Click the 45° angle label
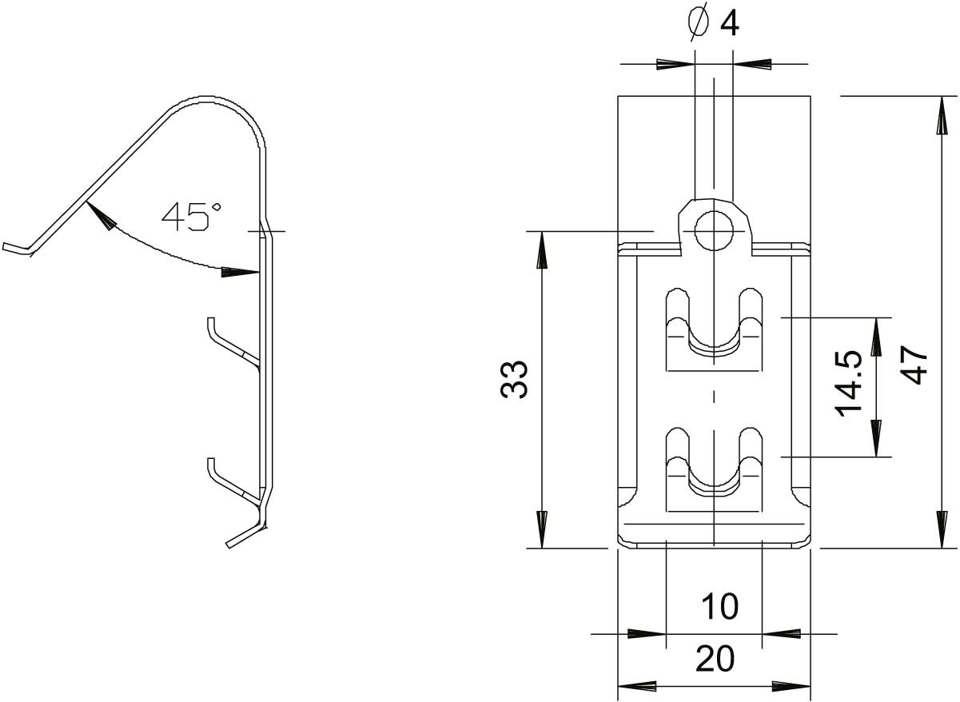point(192,217)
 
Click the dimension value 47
point(914,365)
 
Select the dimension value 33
point(514,380)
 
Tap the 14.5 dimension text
point(849,384)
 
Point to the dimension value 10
point(720,606)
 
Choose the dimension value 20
point(715,658)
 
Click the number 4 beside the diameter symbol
point(730,22)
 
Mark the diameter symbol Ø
point(698,22)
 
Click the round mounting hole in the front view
point(714,231)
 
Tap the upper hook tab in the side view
point(232,345)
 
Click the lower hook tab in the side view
point(232,485)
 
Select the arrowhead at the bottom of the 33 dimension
point(542,530)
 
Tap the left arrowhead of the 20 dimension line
point(637,686)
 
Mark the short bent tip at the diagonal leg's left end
point(16,249)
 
